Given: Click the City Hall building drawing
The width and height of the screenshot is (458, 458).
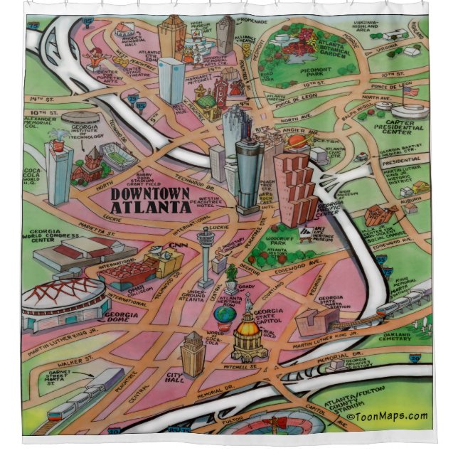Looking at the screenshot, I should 192,354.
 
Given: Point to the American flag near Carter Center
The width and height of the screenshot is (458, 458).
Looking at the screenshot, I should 409,91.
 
